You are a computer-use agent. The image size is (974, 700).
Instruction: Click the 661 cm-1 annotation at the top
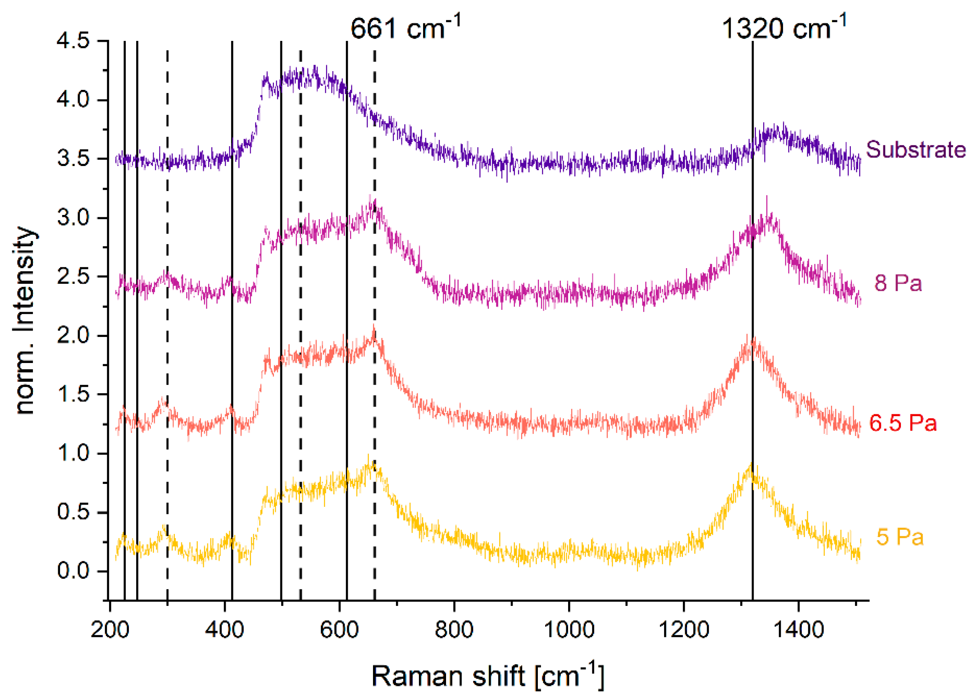pyautogui.click(x=405, y=27)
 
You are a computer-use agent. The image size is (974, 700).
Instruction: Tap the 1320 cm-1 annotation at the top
pyautogui.click(x=783, y=27)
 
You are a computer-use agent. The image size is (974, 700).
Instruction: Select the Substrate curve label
pyautogui.click(x=915, y=150)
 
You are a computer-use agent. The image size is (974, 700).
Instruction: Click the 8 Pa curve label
pyautogui.click(x=898, y=283)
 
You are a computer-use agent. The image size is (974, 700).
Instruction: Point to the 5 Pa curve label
pyautogui.click(x=900, y=537)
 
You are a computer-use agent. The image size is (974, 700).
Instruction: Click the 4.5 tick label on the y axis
pyautogui.click(x=73, y=41)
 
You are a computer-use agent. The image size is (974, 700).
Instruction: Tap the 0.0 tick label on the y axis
pyautogui.click(x=73, y=571)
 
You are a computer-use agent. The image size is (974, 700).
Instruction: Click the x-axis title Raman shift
pyautogui.click(x=487, y=676)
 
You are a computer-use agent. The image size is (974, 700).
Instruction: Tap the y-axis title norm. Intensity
pyautogui.click(x=24, y=320)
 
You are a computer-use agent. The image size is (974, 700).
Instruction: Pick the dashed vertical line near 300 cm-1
pyautogui.click(x=167, y=343)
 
